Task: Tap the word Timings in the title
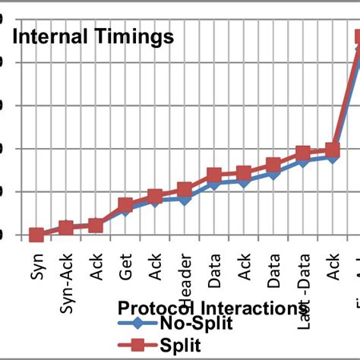[134, 36]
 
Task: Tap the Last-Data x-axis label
[303, 285]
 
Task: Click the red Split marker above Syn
[36, 235]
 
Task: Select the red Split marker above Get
[125, 206]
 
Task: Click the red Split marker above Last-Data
[303, 153]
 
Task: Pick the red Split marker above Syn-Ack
[66, 228]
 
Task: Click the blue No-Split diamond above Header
[185, 197]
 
